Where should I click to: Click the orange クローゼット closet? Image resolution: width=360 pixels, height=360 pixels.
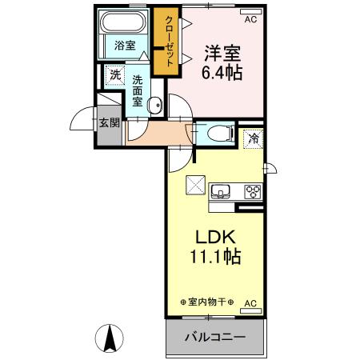tap(170, 42)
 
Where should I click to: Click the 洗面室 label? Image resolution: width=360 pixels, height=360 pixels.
tap(138, 90)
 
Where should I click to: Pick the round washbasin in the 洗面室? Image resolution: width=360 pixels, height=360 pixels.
tap(156, 102)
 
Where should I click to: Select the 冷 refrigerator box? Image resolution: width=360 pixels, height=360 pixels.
tap(253, 138)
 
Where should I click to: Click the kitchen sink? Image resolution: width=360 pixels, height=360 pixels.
tap(222, 191)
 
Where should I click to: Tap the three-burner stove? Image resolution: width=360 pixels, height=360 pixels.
tap(252, 191)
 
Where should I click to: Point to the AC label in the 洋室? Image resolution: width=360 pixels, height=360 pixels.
tap(250, 18)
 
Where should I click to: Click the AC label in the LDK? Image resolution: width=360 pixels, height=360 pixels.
tap(250, 303)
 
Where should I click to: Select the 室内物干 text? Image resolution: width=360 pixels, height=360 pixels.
tap(207, 302)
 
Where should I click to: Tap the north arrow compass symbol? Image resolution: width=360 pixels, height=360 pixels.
tap(112, 338)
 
